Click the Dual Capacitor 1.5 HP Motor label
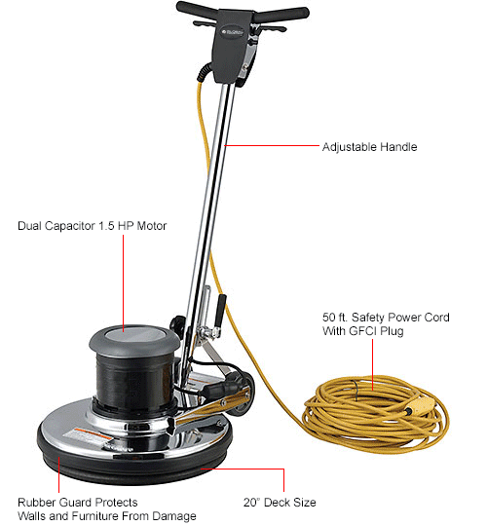[93, 226]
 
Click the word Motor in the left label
[150, 226]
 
